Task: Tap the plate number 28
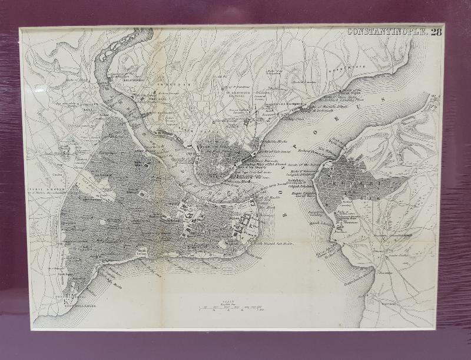pyautogui.click(x=436, y=32)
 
